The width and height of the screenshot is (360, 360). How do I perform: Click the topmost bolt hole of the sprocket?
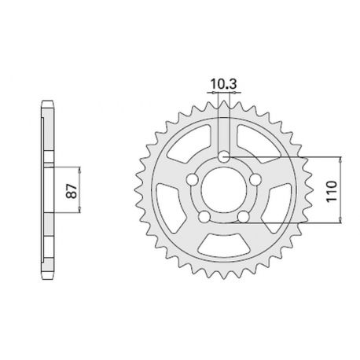pyautogui.click(x=224, y=157)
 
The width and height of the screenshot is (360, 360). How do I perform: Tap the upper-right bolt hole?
pyautogui.click(x=256, y=181)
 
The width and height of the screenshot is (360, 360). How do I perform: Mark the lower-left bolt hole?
pyautogui.click(x=204, y=218)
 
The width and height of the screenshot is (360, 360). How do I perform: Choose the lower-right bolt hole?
pyautogui.click(x=244, y=218)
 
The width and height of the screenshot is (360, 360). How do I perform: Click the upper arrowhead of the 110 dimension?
pyautogui.click(x=340, y=158)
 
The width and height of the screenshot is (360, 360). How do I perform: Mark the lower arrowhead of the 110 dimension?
pyautogui.click(x=340, y=222)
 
